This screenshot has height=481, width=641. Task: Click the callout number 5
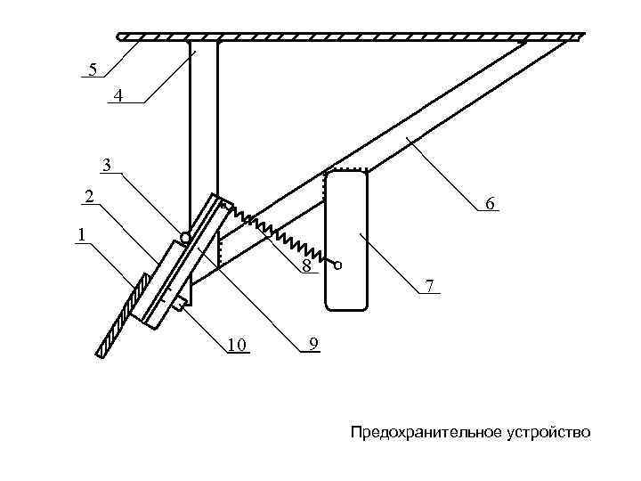point(91,69)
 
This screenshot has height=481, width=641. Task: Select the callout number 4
point(118,95)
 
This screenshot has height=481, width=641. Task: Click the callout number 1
point(82,235)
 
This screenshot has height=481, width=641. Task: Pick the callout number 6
point(489,205)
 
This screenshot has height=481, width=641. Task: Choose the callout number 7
point(429,286)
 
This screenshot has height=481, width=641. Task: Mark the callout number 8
point(305,266)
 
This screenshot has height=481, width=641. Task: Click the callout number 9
point(312,344)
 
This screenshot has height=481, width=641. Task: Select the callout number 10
point(236,345)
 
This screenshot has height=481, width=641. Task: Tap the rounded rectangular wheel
point(346,240)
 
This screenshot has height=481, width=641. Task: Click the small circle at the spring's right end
point(338,265)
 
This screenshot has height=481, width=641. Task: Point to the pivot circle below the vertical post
point(184,238)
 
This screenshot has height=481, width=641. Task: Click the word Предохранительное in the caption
point(413,433)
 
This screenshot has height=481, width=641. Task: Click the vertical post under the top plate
point(203,134)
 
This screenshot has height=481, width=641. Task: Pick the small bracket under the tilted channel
point(180,304)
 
